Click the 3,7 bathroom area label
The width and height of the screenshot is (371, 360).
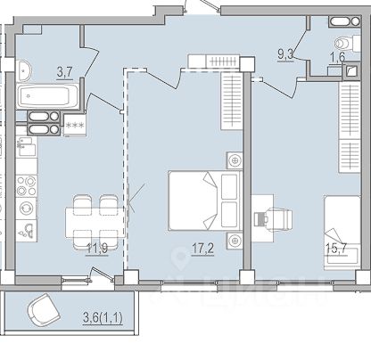point(65,73)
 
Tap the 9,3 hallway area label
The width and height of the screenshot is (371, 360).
point(285,54)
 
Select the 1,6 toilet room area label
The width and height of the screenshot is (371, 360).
point(337,58)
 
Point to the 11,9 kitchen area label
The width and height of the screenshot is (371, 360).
point(97,249)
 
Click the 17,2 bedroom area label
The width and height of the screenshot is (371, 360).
point(203,249)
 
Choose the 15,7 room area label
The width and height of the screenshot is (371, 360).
point(336,248)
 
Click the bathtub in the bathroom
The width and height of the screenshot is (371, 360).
point(47,96)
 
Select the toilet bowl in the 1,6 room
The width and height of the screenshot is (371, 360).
point(344,44)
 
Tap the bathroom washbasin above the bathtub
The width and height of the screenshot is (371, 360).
point(24,70)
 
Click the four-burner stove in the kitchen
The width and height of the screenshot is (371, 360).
point(27,185)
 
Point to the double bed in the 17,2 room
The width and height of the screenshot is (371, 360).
point(205,200)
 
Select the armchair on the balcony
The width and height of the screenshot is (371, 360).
point(44,309)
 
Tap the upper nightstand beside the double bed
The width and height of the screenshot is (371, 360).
point(235,160)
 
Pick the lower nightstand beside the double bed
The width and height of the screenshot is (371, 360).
point(235,240)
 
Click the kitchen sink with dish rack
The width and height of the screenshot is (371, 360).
point(27,146)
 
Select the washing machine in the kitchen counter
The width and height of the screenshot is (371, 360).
point(26,209)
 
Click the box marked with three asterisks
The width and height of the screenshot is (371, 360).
point(75,126)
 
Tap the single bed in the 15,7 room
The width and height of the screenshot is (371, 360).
point(342,233)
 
